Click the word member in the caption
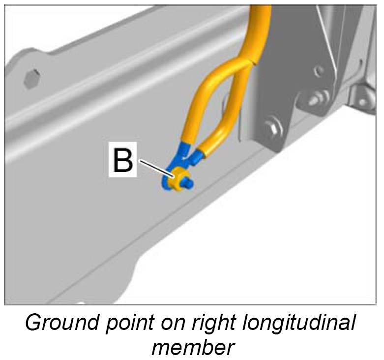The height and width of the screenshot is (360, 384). click(x=192, y=347)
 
